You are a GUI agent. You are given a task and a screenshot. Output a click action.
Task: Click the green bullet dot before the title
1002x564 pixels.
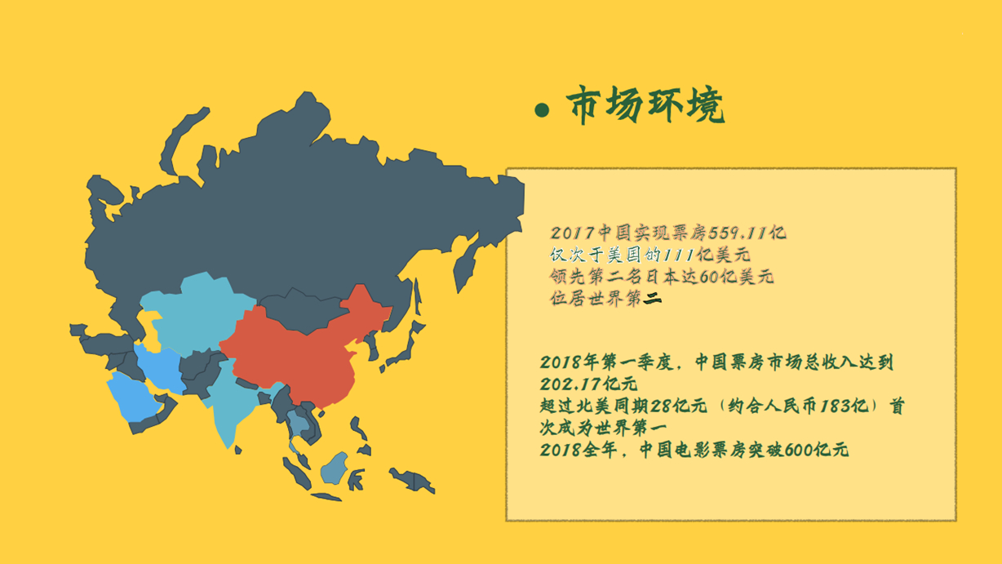pos(542,110)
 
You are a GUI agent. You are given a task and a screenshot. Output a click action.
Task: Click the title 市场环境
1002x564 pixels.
pos(645,104)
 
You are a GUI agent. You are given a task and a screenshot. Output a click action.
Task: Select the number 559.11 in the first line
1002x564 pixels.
pos(738,233)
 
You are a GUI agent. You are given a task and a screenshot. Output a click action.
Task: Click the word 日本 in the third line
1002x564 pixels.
pos(661,277)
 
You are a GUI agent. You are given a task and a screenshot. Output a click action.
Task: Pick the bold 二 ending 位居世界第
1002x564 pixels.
pos(652,298)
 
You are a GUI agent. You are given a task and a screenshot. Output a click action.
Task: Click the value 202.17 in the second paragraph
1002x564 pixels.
pos(570,384)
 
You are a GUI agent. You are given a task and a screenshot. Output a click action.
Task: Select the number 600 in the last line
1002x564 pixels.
pos(800,450)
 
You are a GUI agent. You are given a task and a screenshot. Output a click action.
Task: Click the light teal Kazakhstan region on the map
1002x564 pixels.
pos(197,313)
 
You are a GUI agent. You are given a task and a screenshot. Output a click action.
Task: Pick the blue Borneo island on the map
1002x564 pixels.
pos(335,469)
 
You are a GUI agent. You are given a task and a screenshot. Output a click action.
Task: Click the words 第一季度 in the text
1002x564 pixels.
pos(638,362)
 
